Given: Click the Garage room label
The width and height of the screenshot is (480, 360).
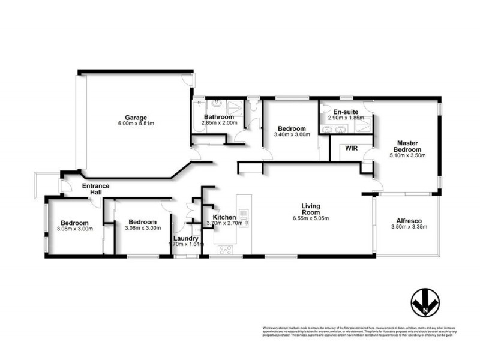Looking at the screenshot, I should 136,117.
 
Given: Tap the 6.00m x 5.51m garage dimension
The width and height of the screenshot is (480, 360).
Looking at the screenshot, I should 136,124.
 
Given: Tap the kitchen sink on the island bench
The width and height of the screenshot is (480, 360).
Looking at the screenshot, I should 244,214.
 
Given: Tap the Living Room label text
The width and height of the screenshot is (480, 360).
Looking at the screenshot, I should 311,209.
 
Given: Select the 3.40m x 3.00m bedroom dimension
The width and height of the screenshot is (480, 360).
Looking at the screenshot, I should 292,135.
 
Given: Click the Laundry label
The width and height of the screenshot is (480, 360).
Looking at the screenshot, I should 185,238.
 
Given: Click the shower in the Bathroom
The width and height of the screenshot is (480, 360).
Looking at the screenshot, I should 238,108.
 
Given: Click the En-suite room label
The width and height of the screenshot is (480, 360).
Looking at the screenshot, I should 346,112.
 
